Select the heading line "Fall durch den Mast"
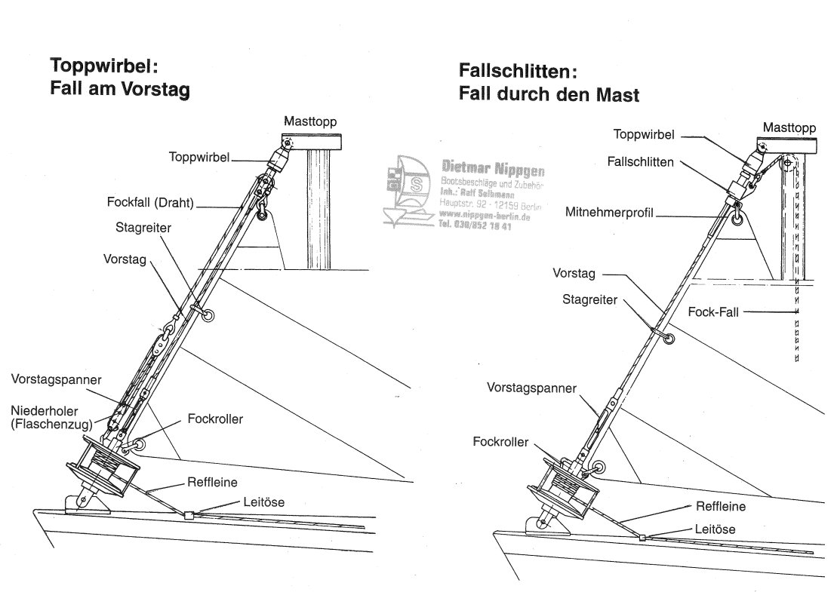point(549,95)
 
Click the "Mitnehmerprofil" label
point(610,213)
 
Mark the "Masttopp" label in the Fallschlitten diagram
point(789,127)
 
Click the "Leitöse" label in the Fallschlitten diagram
point(714,530)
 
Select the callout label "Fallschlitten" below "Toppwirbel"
point(639,161)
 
